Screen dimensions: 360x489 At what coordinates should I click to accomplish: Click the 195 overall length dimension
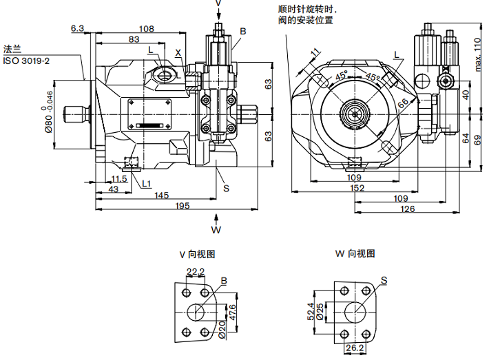pyautogui.click(x=183, y=207)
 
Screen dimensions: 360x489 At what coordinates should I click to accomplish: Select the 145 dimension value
pyautogui.click(x=160, y=195)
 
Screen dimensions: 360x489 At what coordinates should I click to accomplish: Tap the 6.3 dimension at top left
pyautogui.click(x=77, y=28)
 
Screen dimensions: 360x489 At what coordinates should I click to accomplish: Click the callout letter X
pyautogui.click(x=178, y=53)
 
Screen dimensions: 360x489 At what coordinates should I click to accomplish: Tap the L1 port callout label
pyautogui.click(x=145, y=183)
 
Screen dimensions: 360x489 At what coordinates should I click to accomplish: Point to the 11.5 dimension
pyautogui.click(x=119, y=179)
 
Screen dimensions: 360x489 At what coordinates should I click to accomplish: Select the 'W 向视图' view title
pyautogui.click(x=355, y=253)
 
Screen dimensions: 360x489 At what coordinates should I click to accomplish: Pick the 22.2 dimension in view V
pyautogui.click(x=196, y=272)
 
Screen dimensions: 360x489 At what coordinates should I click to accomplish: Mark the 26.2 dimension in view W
pyautogui.click(x=355, y=348)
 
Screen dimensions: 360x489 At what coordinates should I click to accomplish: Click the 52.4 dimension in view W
pyautogui.click(x=311, y=312)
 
